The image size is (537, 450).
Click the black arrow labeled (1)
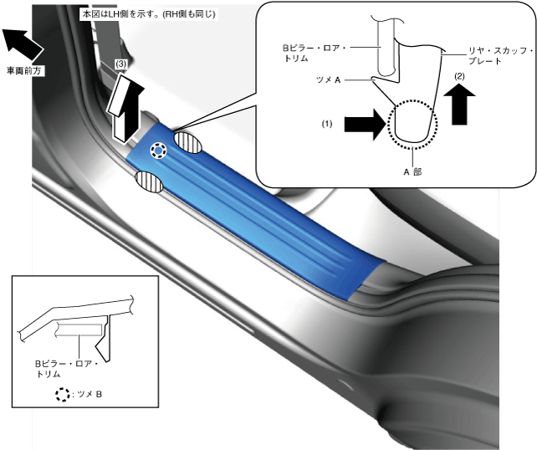tap(365, 124)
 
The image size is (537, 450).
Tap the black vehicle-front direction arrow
tap(19, 42)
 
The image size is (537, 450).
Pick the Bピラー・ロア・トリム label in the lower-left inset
tap(66, 369)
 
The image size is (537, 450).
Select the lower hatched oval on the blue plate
tap(148, 181)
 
